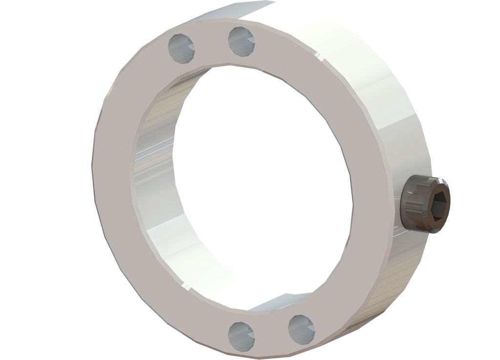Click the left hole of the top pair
point(181,48)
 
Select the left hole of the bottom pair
point(241,336)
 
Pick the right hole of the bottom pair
point(301,328)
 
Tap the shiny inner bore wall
point(156,186)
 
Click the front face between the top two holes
point(211,46)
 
